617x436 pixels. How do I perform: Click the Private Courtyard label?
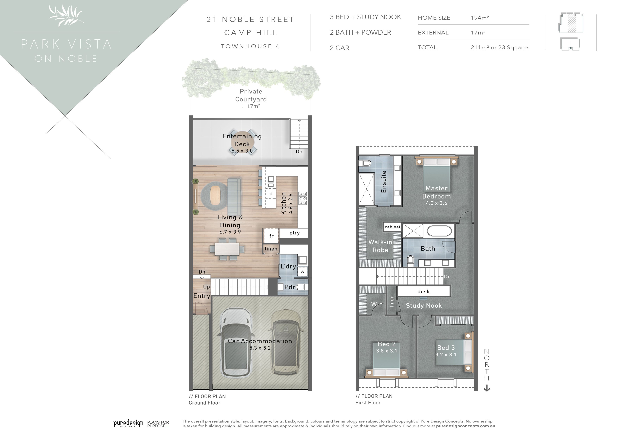[x=251, y=95]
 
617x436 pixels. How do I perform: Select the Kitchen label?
[x=283, y=203]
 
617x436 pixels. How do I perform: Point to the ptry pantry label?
[x=295, y=233]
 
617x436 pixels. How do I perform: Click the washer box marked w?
[x=302, y=272]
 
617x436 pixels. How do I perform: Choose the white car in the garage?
[x=236, y=343]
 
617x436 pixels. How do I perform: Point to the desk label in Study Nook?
[x=424, y=291]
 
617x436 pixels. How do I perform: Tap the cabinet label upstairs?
[x=392, y=227]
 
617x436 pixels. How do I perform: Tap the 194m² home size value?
[x=480, y=18]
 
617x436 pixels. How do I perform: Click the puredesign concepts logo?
[x=128, y=423]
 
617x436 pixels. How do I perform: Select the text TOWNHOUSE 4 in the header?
[x=250, y=46]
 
